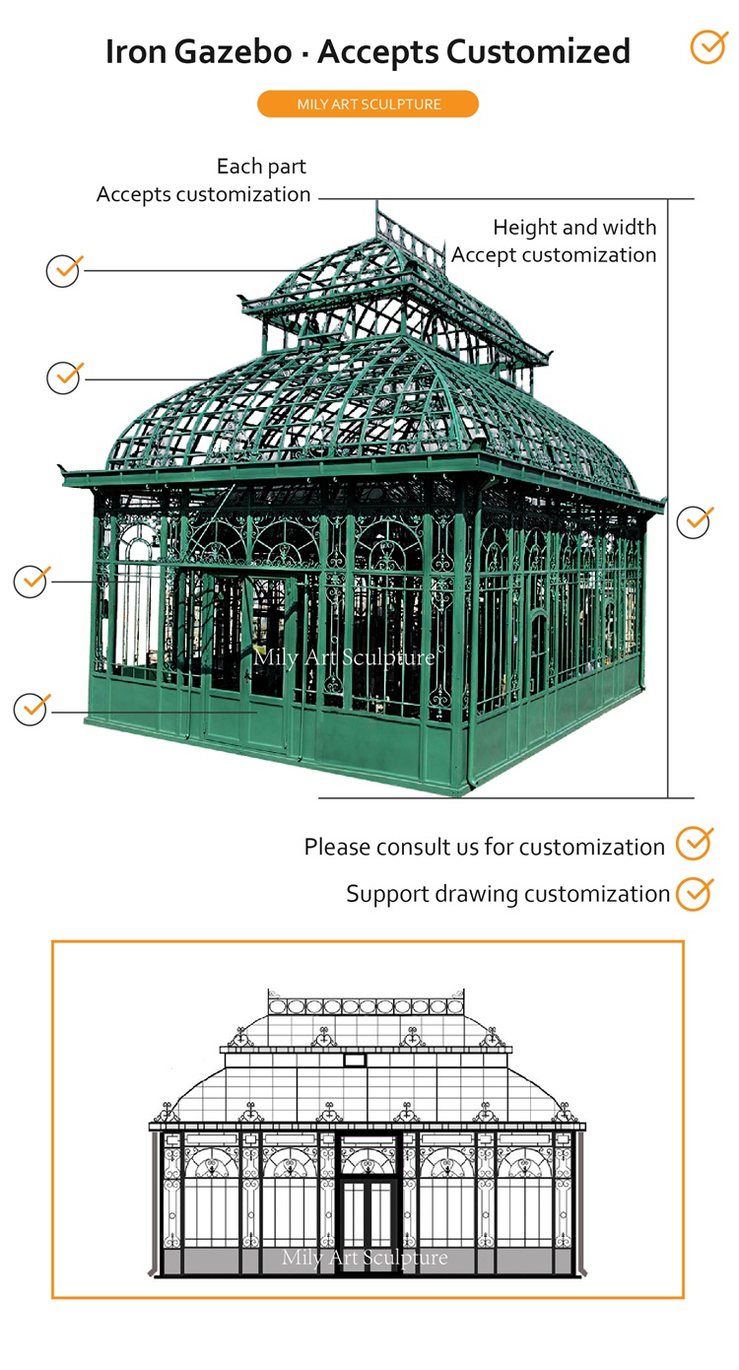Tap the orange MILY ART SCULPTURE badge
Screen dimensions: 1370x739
click(x=368, y=104)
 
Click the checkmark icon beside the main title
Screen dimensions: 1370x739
click(x=707, y=46)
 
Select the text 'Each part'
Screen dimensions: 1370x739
click(x=261, y=167)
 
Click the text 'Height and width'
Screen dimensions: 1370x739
click(x=574, y=228)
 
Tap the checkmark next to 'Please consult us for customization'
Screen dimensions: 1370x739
click(x=694, y=845)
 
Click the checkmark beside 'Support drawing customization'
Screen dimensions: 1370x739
click(x=695, y=892)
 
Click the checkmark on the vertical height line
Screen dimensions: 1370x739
click(x=695, y=521)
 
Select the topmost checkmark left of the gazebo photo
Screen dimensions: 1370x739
click(x=64, y=269)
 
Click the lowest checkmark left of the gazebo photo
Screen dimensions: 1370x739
click(x=31, y=708)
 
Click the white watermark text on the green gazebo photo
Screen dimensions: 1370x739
click(x=344, y=656)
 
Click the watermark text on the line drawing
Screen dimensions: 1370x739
click(x=365, y=1257)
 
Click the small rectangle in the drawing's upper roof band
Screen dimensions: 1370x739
click(x=355, y=1061)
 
